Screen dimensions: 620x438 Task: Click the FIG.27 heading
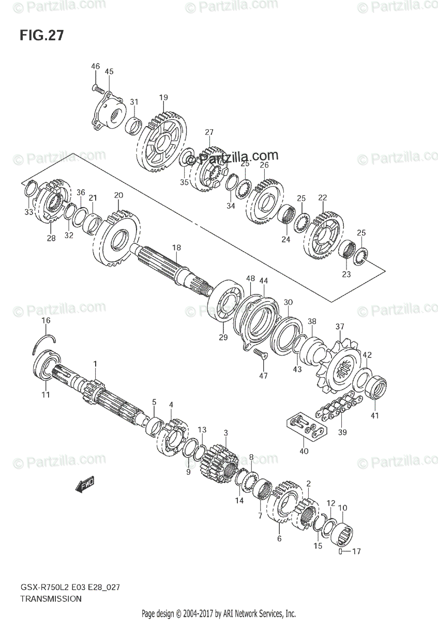(x=42, y=36)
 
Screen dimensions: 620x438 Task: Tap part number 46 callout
(x=96, y=66)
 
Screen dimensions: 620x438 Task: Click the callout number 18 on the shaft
(x=177, y=248)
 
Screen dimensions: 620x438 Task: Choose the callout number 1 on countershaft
(x=95, y=364)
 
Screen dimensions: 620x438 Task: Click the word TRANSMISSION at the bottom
(x=51, y=599)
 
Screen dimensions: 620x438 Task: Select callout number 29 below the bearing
(x=223, y=338)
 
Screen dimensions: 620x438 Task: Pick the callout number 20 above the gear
(x=118, y=195)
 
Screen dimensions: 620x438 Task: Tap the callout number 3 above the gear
(x=225, y=432)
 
